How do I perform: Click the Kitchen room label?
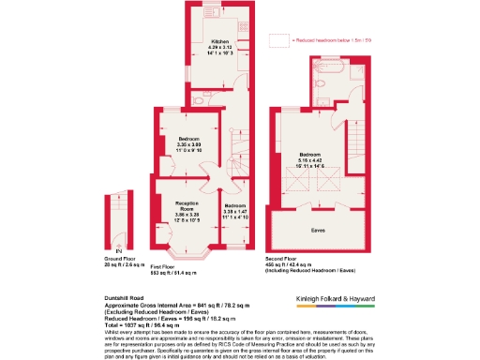[220, 42]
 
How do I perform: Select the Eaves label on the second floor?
[318, 228]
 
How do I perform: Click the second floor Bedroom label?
[310, 154]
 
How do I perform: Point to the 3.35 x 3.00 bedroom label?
[189, 144]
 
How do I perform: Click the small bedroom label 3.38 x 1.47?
[234, 211]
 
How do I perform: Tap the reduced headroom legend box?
[278, 41]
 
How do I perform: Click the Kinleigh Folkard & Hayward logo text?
[328, 298]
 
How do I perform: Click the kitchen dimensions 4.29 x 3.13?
[220, 49]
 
